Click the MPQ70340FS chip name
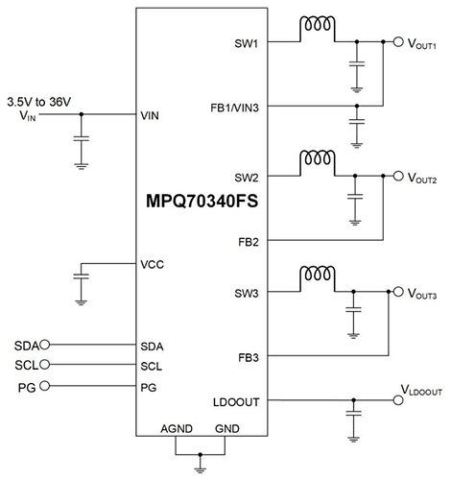202,202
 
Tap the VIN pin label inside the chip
150,115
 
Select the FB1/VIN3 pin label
234,108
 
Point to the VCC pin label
153,265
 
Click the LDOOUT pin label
236,402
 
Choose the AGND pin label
177,428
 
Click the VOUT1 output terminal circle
398,41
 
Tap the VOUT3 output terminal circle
398,292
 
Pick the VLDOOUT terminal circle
398,400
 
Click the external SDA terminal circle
45,345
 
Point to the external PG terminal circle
45,386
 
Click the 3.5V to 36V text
39,102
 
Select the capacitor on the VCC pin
81,276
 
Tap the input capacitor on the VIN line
81,139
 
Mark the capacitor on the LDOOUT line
353,413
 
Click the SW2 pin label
247,178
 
